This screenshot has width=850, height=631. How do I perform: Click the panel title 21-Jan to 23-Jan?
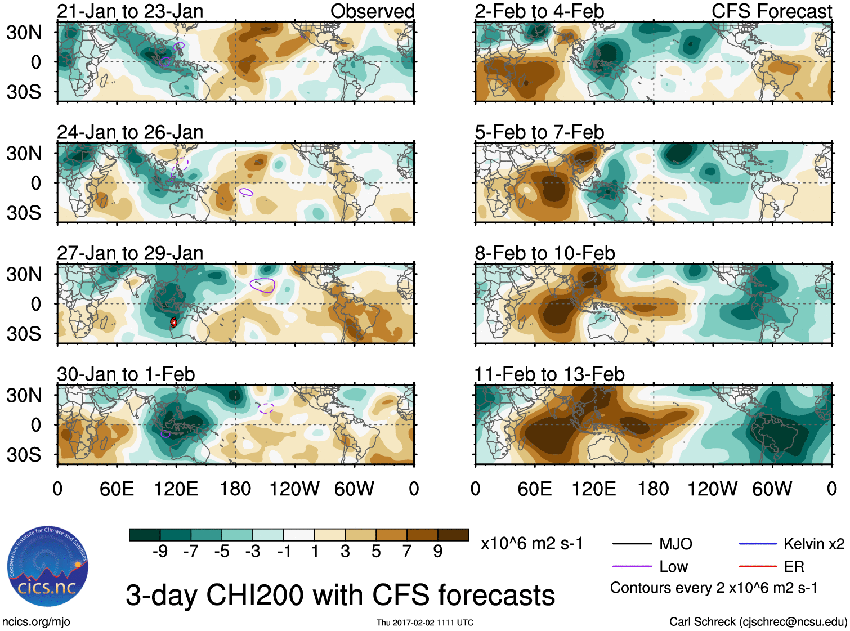pyautogui.click(x=130, y=11)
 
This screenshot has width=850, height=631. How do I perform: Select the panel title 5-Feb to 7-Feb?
pyautogui.click(x=539, y=132)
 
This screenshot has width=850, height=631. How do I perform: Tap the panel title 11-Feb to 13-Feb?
pyautogui.click(x=549, y=374)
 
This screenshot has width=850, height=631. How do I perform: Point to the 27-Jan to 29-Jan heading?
pyautogui.click(x=130, y=253)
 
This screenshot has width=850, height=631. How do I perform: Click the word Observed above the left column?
pyautogui.click(x=372, y=11)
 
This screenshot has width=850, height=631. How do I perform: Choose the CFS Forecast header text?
pyautogui.click(x=771, y=11)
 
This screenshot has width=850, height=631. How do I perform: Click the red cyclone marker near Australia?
pyautogui.click(x=174, y=322)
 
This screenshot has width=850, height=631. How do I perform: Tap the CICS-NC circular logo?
pyautogui.click(x=48, y=567)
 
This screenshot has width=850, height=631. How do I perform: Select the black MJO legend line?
pyautogui.click(x=632, y=544)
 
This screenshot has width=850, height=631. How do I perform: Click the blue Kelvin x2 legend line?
pyautogui.click(x=758, y=544)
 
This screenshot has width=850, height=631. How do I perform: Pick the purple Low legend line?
pyautogui.click(x=632, y=567)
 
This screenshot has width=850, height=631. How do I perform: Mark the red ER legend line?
pyautogui.click(x=758, y=567)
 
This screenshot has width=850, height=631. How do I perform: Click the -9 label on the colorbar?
pyautogui.click(x=160, y=552)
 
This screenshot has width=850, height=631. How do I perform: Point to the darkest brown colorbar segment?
pyautogui.click(x=453, y=535)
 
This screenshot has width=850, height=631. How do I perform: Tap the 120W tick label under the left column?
pyautogui.click(x=294, y=489)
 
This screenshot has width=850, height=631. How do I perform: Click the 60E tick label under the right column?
pyautogui.click(x=534, y=489)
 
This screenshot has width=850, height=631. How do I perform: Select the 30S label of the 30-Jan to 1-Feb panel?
pyautogui.click(x=24, y=455)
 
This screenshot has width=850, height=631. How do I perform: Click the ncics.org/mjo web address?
pyautogui.click(x=36, y=622)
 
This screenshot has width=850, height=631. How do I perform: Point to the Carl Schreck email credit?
pyautogui.click(x=758, y=622)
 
